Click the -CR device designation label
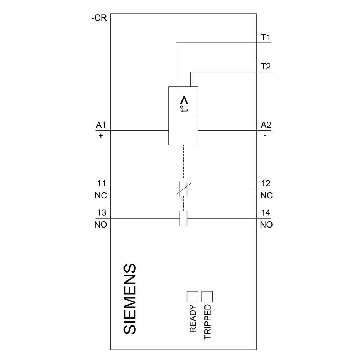[x=99, y=18]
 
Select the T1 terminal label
[x=266, y=37]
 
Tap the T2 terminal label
[x=266, y=67]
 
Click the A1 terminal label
[x=101, y=125]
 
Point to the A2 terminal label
[x=266, y=125]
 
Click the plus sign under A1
[x=101, y=136]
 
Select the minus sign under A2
[x=265, y=136]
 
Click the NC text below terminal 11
[x=101, y=195]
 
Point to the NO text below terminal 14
[x=266, y=225]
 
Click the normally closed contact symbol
[x=184, y=189]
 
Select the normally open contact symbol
[x=184, y=218]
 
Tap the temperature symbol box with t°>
[x=184, y=102]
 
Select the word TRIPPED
[x=208, y=322]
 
